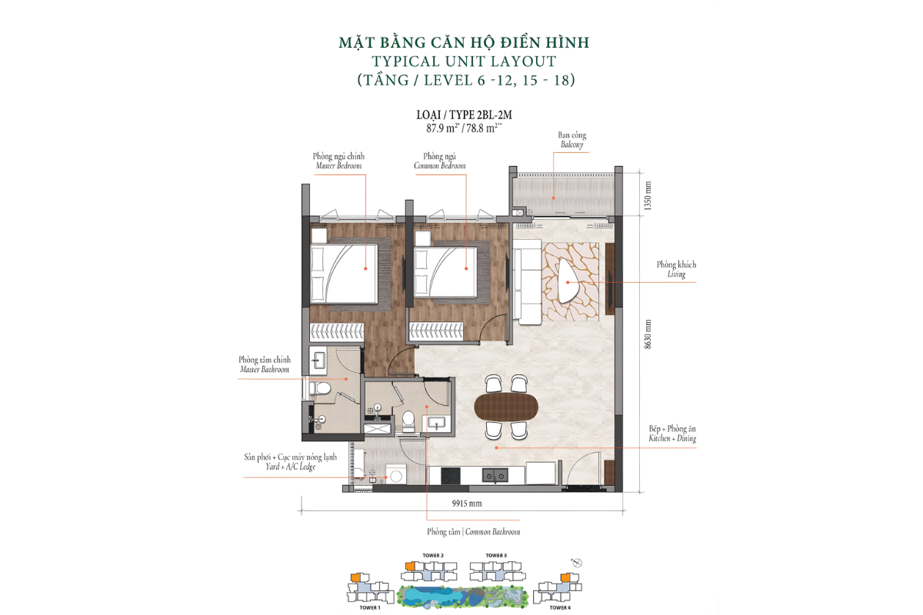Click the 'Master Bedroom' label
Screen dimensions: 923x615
click(338, 165)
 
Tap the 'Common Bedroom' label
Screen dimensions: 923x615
click(440, 165)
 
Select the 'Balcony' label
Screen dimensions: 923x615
click(572, 145)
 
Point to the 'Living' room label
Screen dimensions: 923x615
click(676, 274)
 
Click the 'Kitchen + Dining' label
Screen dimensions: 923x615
click(672, 438)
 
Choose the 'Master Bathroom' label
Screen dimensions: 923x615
click(265, 370)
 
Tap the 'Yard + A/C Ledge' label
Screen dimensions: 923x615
click(291, 467)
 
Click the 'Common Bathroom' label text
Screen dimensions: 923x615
click(493, 532)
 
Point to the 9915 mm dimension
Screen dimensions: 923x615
click(466, 504)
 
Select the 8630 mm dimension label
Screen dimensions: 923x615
click(648, 334)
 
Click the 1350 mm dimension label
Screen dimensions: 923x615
click(648, 196)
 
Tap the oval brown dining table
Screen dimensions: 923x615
click(506, 407)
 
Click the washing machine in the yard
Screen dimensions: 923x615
click(396, 476)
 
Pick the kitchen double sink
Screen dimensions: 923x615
click(495, 476)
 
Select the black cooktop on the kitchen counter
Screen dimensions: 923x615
click(451, 476)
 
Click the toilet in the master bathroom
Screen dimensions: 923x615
click(320, 388)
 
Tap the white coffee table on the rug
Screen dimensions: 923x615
click(570, 280)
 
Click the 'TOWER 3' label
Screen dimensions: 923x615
click(496, 556)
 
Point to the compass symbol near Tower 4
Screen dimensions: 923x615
click(577, 563)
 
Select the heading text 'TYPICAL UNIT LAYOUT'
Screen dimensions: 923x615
click(465, 61)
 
